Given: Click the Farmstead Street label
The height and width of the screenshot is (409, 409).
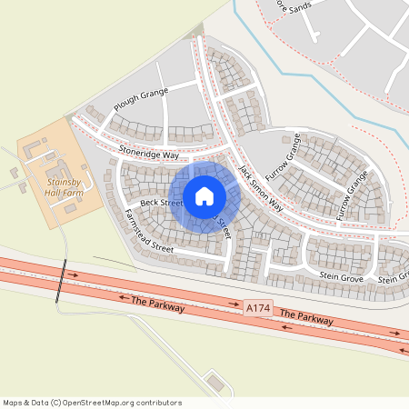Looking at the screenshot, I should click(148, 231).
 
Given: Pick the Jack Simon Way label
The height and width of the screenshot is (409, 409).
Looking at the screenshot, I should click(261, 188).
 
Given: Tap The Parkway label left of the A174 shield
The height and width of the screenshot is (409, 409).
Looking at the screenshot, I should click(158, 304).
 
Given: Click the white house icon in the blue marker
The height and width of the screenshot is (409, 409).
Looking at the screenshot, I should click(204, 196).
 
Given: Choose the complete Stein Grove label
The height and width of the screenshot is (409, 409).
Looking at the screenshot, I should click(342, 275).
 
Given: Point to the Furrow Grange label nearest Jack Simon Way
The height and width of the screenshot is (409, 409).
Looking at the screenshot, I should click(282, 161).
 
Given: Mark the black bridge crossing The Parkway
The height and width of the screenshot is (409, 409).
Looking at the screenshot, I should click(62, 281).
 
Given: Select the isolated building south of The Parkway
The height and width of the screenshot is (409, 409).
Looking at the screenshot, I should click(215, 381).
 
